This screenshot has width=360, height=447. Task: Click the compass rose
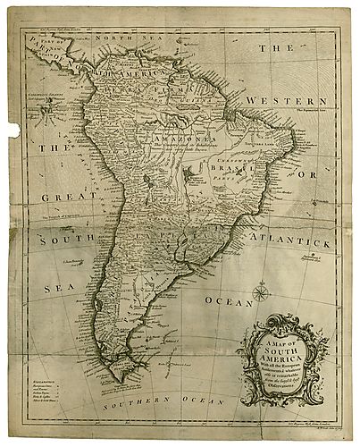coord(261,291)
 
